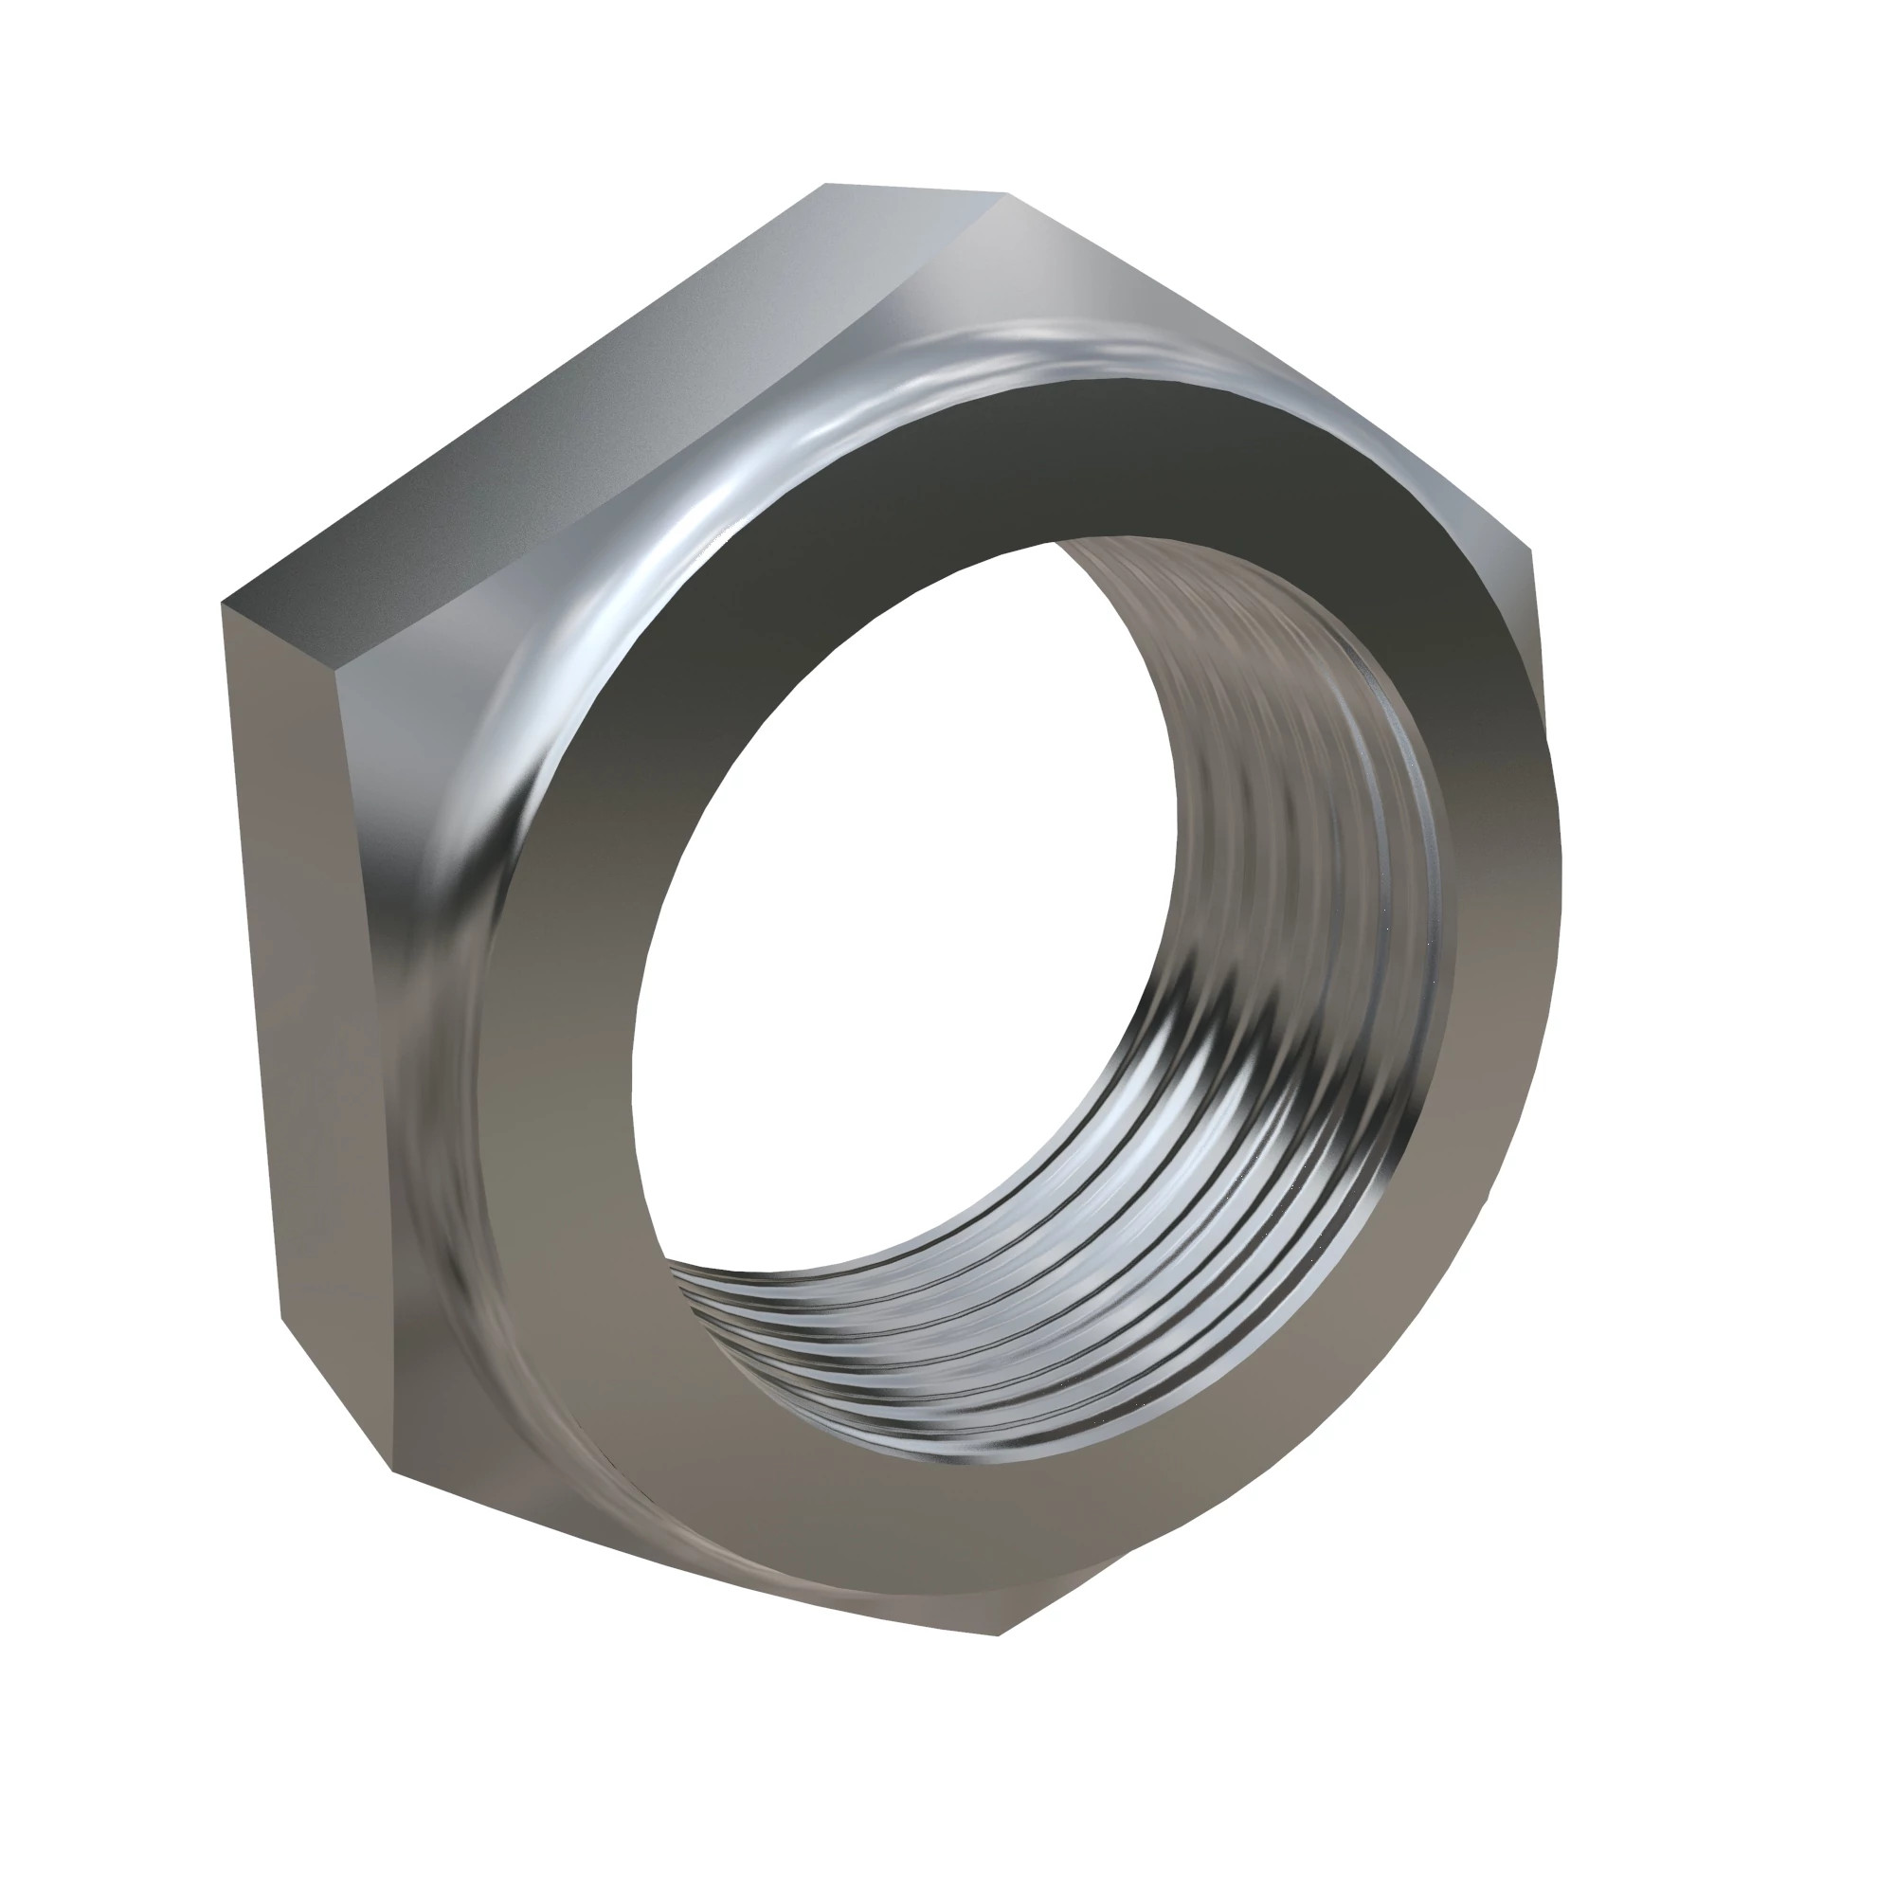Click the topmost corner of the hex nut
(1006, 194)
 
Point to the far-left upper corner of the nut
(224, 603)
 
